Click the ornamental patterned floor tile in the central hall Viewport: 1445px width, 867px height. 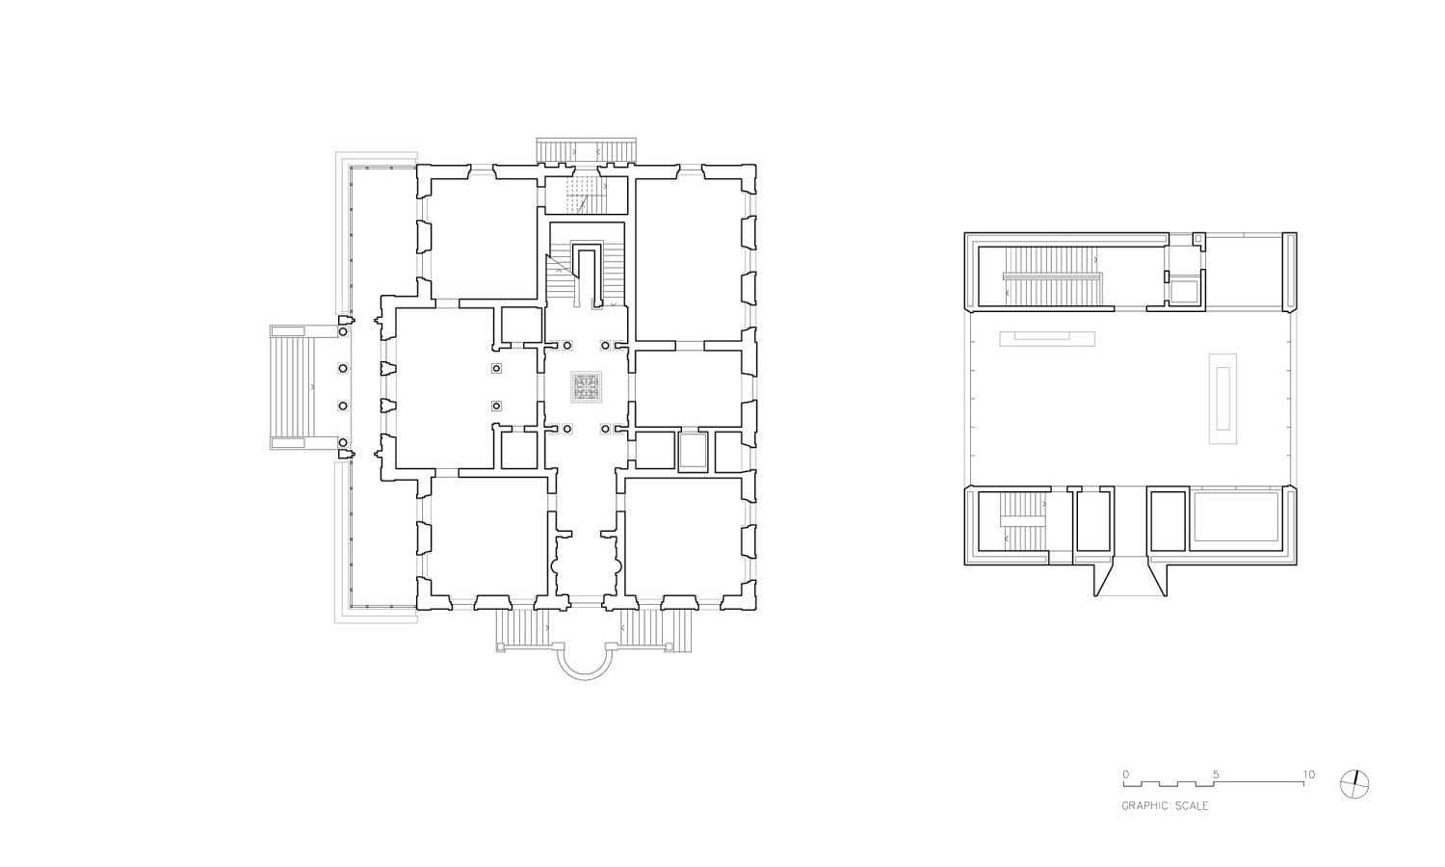(587, 387)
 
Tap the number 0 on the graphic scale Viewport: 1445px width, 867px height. (1126, 775)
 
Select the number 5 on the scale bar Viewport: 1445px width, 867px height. (1216, 775)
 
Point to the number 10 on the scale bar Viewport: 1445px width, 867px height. (1308, 775)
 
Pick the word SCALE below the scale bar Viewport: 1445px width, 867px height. (1194, 805)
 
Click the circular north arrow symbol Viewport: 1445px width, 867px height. (1354, 784)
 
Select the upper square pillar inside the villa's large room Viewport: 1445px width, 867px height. (496, 368)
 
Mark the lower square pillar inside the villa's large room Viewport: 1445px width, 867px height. (496, 406)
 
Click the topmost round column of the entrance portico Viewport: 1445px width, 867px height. (343, 331)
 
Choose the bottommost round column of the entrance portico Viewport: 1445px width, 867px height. (343, 442)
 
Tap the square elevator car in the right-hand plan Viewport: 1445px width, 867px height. (1184, 292)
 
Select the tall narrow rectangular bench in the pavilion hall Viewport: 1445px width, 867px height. (1222, 398)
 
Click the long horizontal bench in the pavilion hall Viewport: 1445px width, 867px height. (1047, 339)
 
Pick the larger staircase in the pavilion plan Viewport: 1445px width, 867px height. (1052, 277)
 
